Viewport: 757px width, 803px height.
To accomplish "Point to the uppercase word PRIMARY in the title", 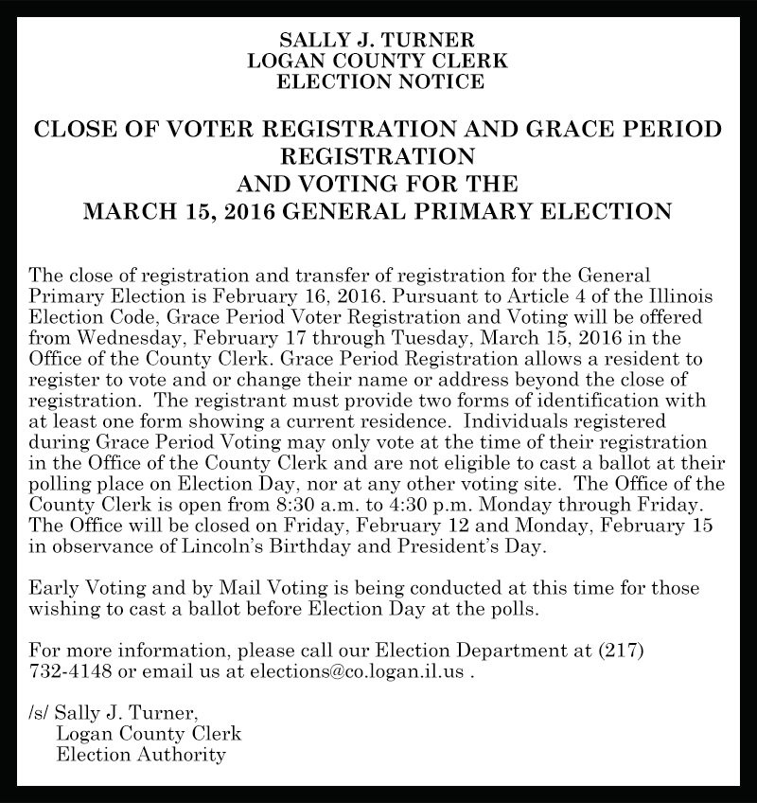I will click(477, 209).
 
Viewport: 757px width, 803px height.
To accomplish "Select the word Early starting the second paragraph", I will click(56, 589).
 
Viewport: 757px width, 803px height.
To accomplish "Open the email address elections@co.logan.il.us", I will click(356, 671).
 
